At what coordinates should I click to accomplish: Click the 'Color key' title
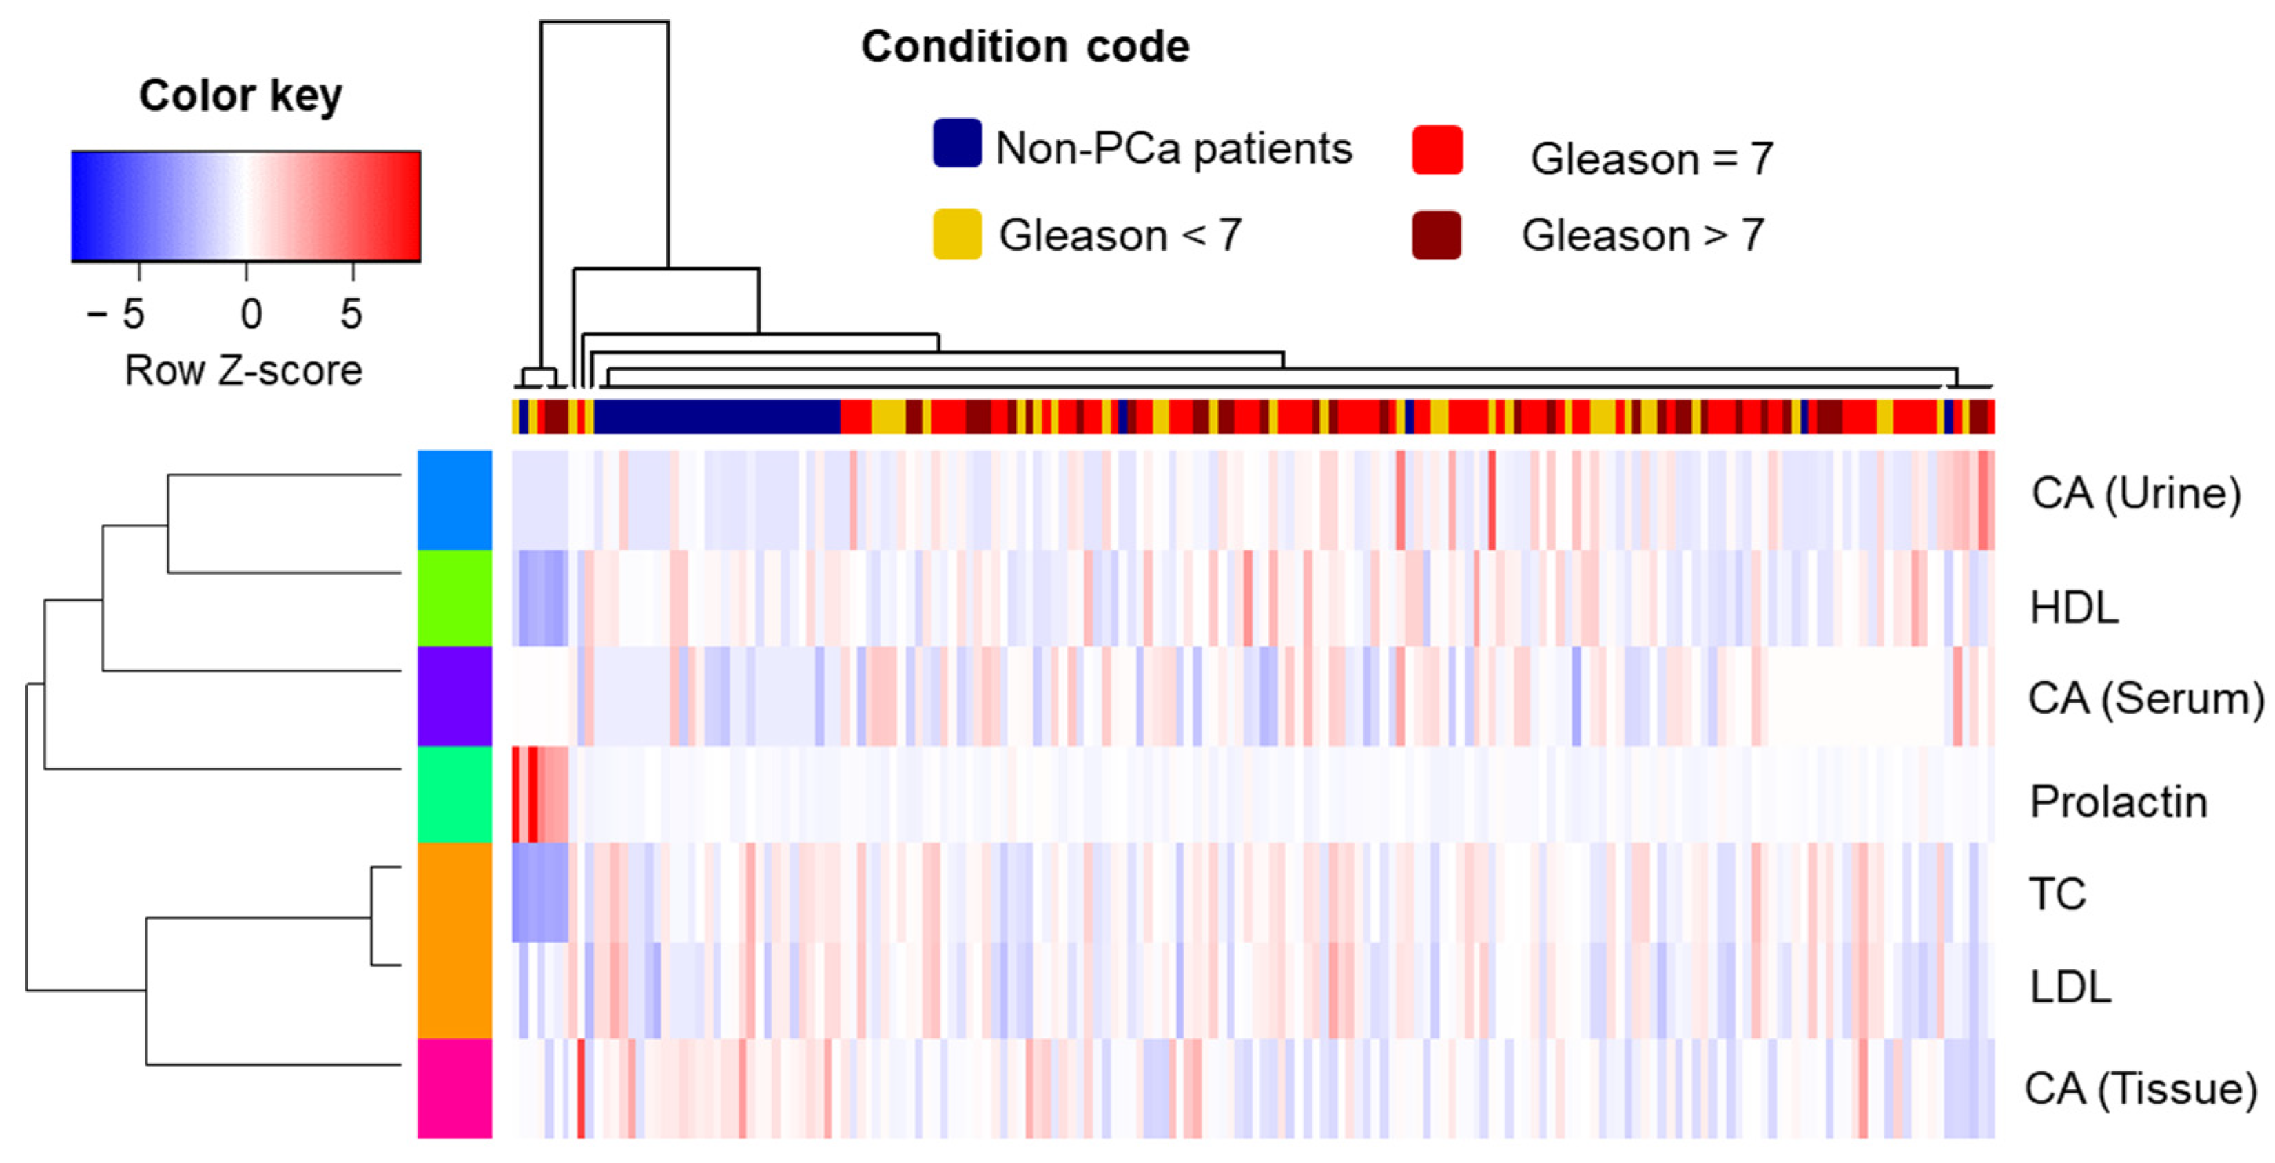[240, 95]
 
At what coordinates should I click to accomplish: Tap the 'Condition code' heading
[1025, 47]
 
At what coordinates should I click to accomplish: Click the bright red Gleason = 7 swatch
[1437, 150]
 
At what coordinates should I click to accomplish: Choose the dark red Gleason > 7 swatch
[1436, 235]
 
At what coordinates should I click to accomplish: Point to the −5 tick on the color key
[116, 313]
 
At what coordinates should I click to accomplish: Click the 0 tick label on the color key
[251, 313]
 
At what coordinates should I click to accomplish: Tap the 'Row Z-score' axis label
[243, 371]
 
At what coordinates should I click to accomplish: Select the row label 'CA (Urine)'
[2135, 493]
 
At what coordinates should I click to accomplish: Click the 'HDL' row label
[2074, 608]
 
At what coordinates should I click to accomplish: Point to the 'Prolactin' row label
[2118, 802]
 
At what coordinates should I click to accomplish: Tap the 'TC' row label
[2057, 894]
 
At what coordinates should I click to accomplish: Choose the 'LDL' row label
[2070, 987]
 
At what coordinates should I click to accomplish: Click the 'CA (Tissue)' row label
[2140, 1089]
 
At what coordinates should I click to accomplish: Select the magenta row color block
[455, 1088]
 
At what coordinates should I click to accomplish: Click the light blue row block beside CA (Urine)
[455, 500]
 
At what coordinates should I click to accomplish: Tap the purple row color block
[455, 696]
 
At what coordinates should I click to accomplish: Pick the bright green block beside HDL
[455, 598]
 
